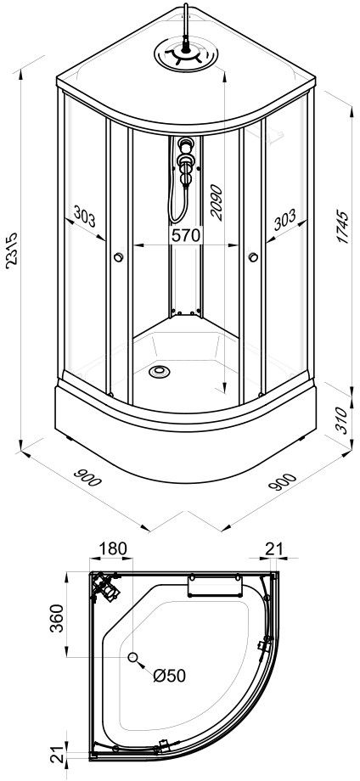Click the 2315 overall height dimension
click(11, 250)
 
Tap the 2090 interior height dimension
click(217, 203)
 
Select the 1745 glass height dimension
click(342, 227)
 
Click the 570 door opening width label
click(185, 235)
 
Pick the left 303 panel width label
click(84, 216)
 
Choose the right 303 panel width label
click(284, 220)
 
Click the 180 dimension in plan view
click(112, 548)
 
